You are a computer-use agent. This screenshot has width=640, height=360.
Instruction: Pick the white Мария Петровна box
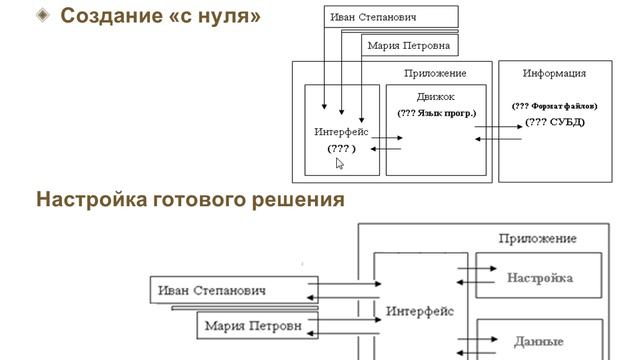(408, 45)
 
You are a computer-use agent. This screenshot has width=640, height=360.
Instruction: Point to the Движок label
(436, 97)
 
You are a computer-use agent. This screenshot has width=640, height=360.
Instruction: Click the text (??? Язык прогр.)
(437, 113)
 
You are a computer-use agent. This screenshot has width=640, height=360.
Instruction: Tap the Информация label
(554, 73)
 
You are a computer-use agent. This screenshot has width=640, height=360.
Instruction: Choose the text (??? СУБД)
(555, 122)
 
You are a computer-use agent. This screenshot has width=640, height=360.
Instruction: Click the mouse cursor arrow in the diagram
(340, 163)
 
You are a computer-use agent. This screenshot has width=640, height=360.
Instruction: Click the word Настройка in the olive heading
(91, 199)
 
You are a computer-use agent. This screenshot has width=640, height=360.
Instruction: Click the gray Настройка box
(540, 277)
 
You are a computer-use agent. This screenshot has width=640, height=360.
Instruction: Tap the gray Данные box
(540, 340)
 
